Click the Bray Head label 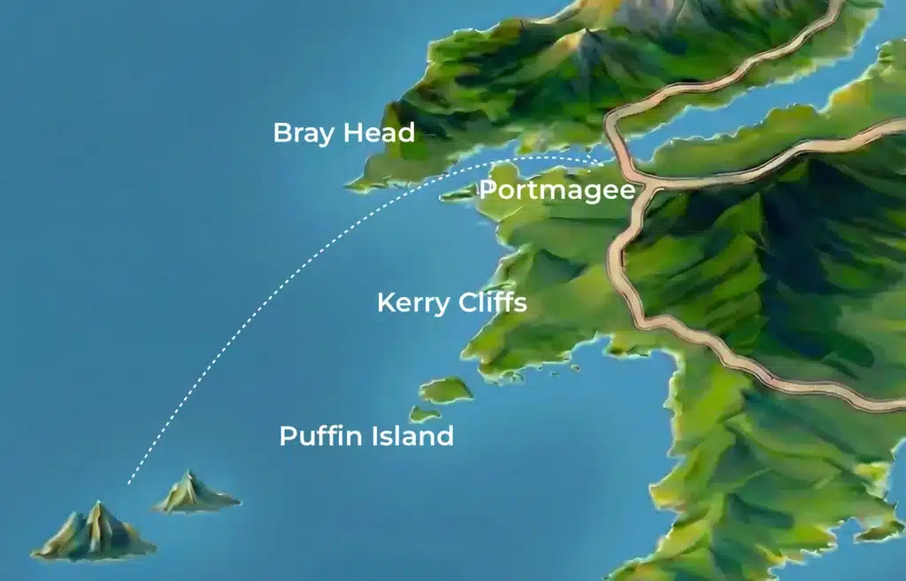click(x=343, y=134)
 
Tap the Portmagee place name click(x=557, y=190)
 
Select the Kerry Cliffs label click(x=451, y=303)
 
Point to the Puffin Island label click(x=366, y=436)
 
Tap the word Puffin click(x=318, y=437)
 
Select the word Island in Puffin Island click(x=409, y=436)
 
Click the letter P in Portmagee click(x=488, y=190)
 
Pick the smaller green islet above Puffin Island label click(x=424, y=413)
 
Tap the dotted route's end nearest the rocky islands click(x=129, y=482)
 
